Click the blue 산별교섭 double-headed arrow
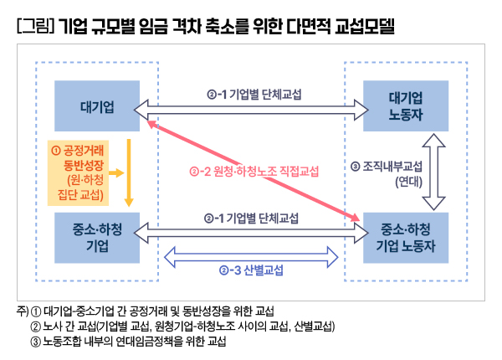[x=250, y=254]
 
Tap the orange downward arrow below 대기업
[x=129, y=172]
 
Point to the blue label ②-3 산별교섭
[x=250, y=271]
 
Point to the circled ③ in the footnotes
[x=35, y=342]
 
